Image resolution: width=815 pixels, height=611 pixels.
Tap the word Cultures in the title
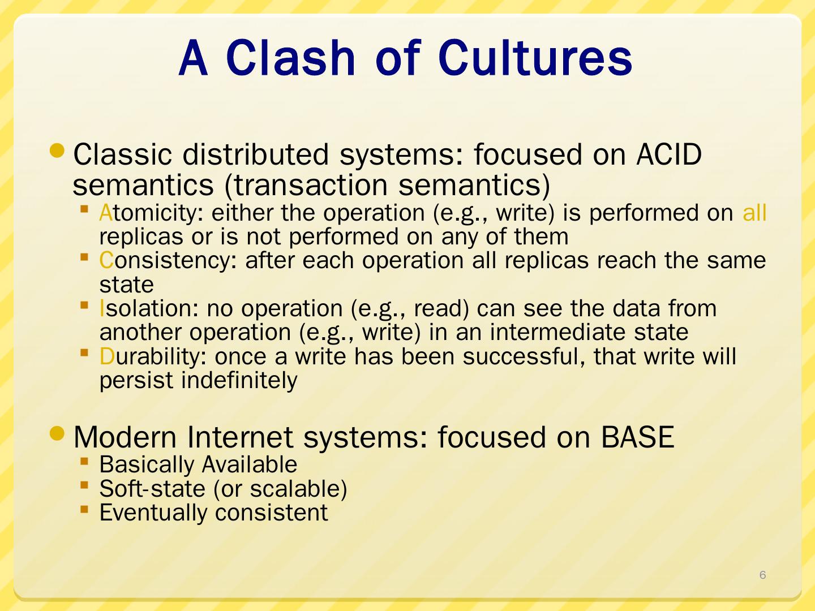pyautogui.click(x=536, y=58)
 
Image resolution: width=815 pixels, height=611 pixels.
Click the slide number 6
pyautogui.click(x=762, y=575)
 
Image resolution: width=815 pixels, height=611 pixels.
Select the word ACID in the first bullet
pyautogui.click(x=669, y=154)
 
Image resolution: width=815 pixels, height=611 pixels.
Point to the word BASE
pyautogui.click(x=637, y=437)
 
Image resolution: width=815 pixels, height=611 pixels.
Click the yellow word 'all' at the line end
pyautogui.click(x=754, y=213)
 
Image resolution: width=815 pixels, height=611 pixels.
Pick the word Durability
pyautogui.click(x=153, y=356)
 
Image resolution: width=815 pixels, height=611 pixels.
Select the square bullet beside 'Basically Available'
pyautogui.click(x=84, y=462)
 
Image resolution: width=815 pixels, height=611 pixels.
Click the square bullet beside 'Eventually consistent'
pyautogui.click(x=84, y=509)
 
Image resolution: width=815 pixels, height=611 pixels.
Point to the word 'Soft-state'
pyautogui.click(x=152, y=489)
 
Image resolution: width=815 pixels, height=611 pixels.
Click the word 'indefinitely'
pyautogui.click(x=239, y=381)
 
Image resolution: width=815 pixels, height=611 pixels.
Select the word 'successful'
pyautogui.click(x=524, y=357)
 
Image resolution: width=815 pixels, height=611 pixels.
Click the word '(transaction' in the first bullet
pyautogui.click(x=306, y=185)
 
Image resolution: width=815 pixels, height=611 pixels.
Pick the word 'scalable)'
pyautogui.click(x=298, y=489)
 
